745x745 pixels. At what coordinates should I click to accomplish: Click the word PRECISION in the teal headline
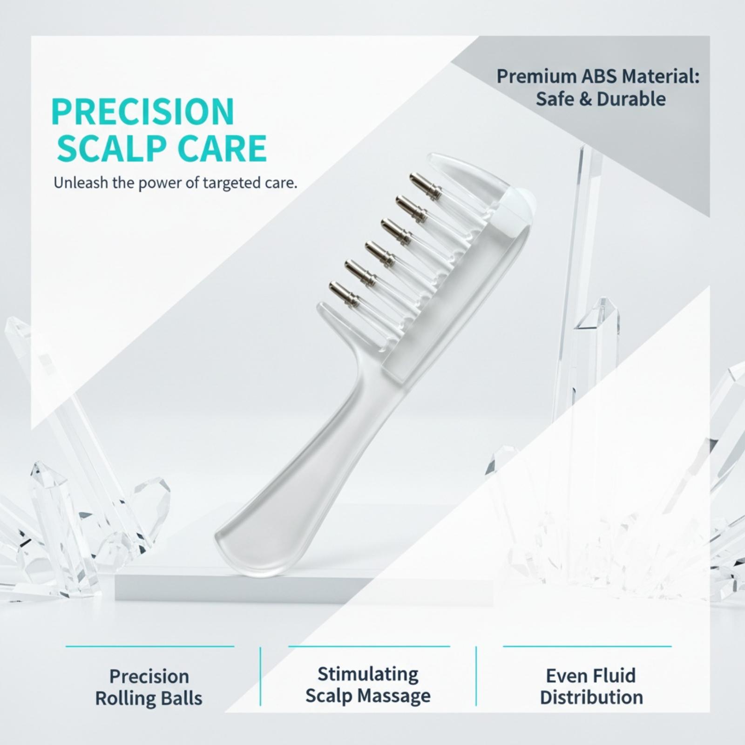pyautogui.click(x=143, y=112)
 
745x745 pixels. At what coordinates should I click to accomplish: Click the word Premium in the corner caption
pyautogui.click(x=529, y=76)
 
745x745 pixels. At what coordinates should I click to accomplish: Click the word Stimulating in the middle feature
pyautogui.click(x=368, y=674)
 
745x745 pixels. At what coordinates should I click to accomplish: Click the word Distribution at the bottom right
pyautogui.click(x=591, y=698)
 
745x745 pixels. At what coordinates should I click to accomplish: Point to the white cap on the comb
pyautogui.click(x=518, y=205)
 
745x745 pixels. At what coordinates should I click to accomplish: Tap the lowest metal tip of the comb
pyautogui.click(x=345, y=294)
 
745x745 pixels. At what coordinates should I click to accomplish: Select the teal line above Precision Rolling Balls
pyautogui.click(x=150, y=646)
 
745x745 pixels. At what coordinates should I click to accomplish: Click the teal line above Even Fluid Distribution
pyautogui.click(x=587, y=646)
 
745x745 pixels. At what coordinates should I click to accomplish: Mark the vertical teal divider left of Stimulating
pyautogui.click(x=260, y=676)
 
